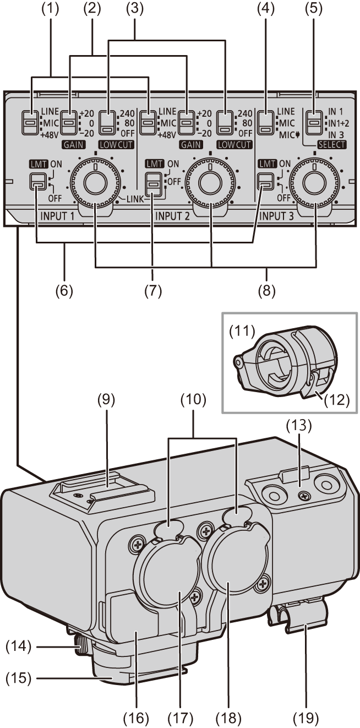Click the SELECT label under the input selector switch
(331, 145)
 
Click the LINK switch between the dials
(154, 184)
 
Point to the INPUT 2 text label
(172, 216)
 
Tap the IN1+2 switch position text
(339, 123)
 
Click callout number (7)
(153, 290)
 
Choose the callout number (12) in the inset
(336, 399)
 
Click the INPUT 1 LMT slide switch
(38, 182)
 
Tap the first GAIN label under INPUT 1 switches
(74, 145)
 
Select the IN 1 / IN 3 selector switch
(314, 123)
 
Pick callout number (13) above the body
(298, 427)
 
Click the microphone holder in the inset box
(286, 360)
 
